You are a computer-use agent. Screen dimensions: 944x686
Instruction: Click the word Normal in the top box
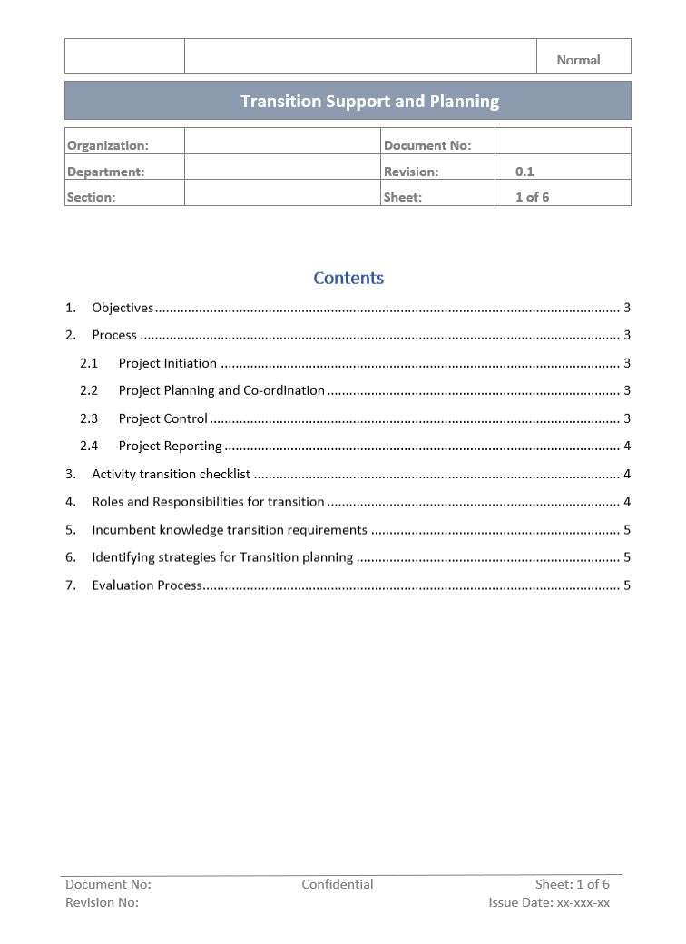(x=578, y=60)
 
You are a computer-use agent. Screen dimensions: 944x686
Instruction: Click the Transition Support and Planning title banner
(x=369, y=101)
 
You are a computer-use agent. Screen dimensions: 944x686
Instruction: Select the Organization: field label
(x=107, y=145)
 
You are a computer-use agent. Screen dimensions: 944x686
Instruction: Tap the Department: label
(x=105, y=172)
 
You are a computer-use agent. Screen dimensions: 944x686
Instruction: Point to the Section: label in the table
(x=91, y=197)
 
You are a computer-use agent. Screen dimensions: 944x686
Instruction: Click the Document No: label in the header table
(x=427, y=145)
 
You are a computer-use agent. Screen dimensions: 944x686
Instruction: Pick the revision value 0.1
(x=524, y=172)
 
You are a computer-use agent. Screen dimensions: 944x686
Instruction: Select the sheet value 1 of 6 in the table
(x=532, y=197)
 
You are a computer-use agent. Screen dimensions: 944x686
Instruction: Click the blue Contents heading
(x=348, y=278)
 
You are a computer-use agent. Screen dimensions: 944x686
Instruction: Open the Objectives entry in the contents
(x=122, y=308)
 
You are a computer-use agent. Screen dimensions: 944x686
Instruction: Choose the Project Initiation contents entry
(x=167, y=363)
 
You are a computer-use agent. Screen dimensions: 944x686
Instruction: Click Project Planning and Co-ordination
(x=221, y=390)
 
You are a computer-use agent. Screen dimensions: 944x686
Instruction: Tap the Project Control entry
(x=163, y=418)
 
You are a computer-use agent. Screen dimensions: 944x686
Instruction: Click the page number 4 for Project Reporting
(x=627, y=446)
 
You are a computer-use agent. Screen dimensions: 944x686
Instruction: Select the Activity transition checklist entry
(x=171, y=474)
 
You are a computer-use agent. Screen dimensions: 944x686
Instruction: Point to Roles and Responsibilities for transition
(x=208, y=502)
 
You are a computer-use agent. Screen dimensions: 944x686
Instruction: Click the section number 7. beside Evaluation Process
(x=71, y=585)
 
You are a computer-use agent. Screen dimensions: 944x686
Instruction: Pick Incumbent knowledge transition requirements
(x=230, y=530)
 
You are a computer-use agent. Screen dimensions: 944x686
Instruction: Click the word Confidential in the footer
(x=338, y=884)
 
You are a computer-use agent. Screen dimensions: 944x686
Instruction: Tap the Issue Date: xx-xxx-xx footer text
(x=549, y=902)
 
